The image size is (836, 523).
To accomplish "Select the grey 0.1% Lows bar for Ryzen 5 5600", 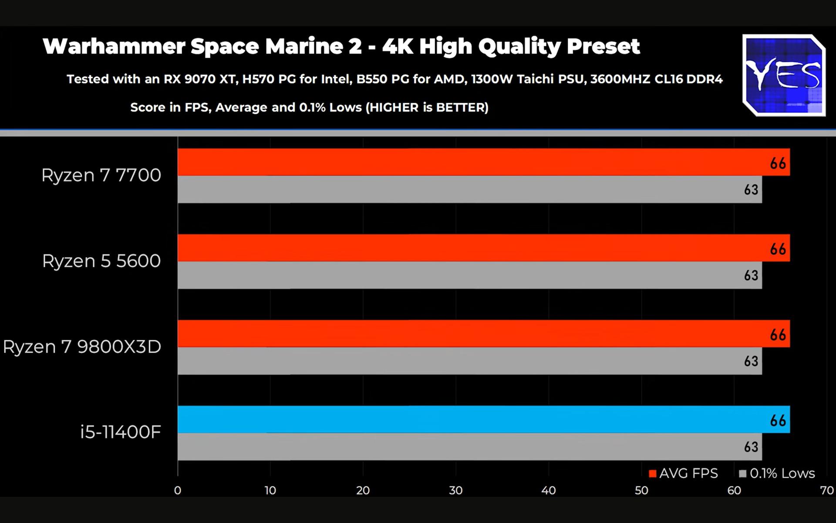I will point(469,275).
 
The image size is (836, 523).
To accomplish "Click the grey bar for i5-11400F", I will point(469,447).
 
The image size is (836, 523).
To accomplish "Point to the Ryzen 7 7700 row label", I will point(101,175).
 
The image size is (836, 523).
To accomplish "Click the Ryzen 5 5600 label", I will point(101,261).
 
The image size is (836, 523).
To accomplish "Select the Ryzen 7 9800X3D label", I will point(82,347).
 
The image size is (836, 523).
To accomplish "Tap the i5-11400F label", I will point(120,432).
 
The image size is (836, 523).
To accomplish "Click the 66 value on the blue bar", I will point(778,421).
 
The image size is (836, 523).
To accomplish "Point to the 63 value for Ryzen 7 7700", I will point(751,190).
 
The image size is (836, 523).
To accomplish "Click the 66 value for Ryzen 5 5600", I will point(778,249).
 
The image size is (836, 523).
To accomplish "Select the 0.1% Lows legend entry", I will point(777,473).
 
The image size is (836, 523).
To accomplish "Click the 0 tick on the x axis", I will point(178,490).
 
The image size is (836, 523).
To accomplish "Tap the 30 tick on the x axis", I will point(455,490).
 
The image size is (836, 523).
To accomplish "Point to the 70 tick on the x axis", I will point(826,490).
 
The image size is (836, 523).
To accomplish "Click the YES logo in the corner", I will point(784,75).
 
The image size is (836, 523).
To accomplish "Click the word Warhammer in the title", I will point(114,46).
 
